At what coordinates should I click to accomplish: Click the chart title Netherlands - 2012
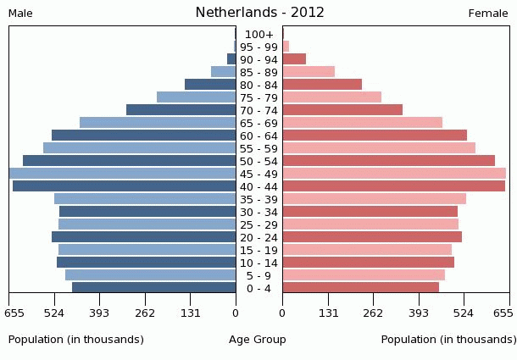coord(259,13)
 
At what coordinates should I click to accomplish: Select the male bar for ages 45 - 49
coord(122,174)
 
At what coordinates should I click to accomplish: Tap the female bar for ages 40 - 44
coord(393,186)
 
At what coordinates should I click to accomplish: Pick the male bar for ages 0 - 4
coord(153,288)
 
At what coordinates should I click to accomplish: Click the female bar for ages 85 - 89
coord(309,72)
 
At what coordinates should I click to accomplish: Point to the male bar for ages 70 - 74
coord(181,110)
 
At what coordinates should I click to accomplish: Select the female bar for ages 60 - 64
coord(375,136)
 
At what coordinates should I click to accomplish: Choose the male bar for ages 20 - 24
coord(143,237)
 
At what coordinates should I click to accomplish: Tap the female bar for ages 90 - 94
coord(294,59)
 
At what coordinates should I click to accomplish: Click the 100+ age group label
coord(258,34)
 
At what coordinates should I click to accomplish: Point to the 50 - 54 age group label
coord(258,161)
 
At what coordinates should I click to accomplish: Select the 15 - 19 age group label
coord(258,250)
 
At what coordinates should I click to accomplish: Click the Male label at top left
coord(20,14)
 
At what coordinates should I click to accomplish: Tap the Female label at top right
coord(488,14)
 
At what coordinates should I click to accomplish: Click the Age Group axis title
coord(258,340)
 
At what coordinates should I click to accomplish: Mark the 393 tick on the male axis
coord(99,313)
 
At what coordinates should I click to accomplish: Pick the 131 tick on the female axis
coord(328,313)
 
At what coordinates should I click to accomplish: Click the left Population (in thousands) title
coord(76,340)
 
